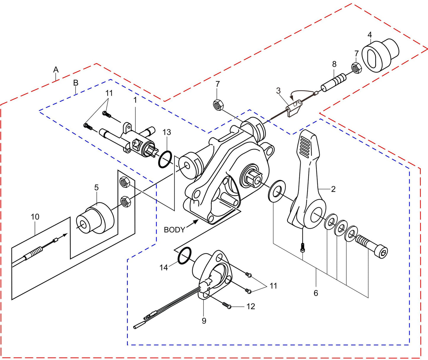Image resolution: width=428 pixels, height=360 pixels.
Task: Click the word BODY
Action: pyautogui.click(x=174, y=230)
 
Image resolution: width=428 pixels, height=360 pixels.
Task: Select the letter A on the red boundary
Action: pyautogui.click(x=56, y=70)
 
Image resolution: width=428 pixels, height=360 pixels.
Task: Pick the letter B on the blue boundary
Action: pyautogui.click(x=76, y=83)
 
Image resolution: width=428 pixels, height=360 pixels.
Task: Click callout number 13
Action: pyautogui.click(x=167, y=132)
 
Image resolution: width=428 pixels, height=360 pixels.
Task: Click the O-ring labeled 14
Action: pyautogui.click(x=185, y=255)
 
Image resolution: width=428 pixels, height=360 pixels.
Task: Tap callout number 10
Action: pyautogui.click(x=35, y=217)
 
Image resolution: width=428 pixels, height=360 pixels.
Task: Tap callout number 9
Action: pyautogui.click(x=204, y=321)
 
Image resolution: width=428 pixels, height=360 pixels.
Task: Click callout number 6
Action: pyautogui.click(x=316, y=293)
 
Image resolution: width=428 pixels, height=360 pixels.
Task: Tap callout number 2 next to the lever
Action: pyautogui.click(x=333, y=189)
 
